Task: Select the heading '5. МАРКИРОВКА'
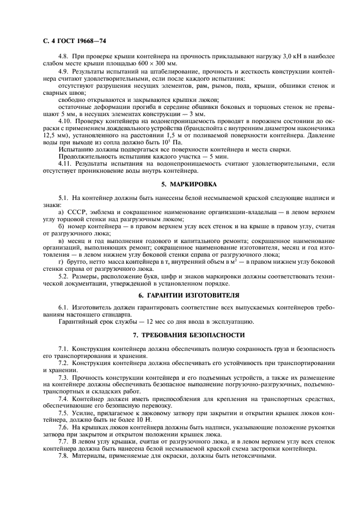coord(180,184)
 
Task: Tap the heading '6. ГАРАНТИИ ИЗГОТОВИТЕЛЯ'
coord(180,295)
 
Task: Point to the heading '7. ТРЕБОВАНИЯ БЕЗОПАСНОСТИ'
coord(180,334)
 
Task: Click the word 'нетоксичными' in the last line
coord(252,456)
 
